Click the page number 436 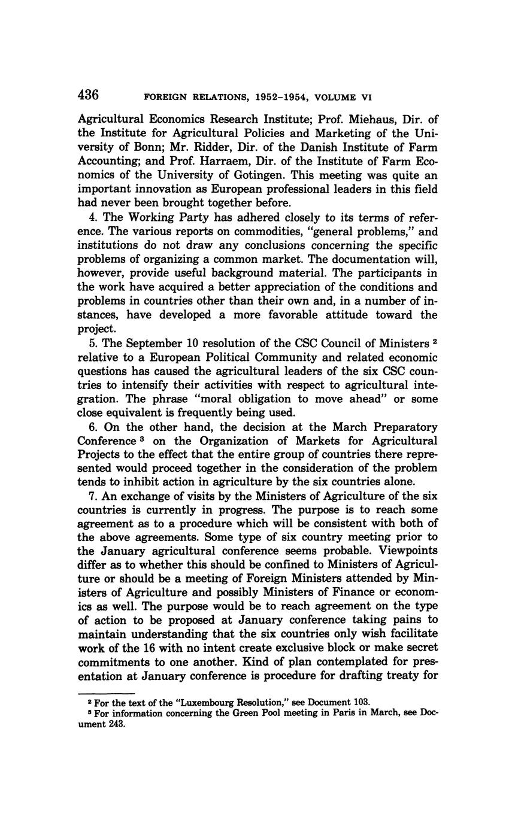[x=87, y=95]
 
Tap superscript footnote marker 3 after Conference [x=137, y=438]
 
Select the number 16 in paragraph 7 [x=150, y=648]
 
